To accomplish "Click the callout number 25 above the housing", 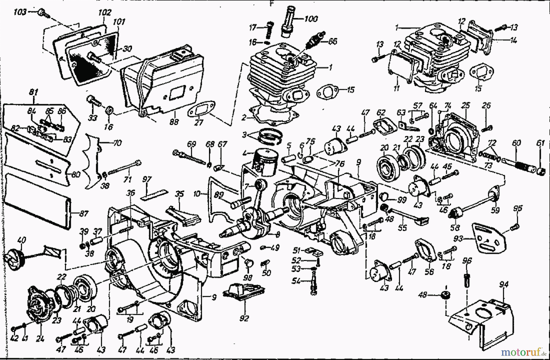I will pyautogui.click(x=465, y=106).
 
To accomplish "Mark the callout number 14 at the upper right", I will pyautogui.click(x=513, y=40).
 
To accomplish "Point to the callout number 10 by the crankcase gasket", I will pyautogui.click(x=197, y=194).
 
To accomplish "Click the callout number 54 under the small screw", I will pyautogui.click(x=296, y=281).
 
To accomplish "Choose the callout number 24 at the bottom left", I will pyautogui.click(x=40, y=338).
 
